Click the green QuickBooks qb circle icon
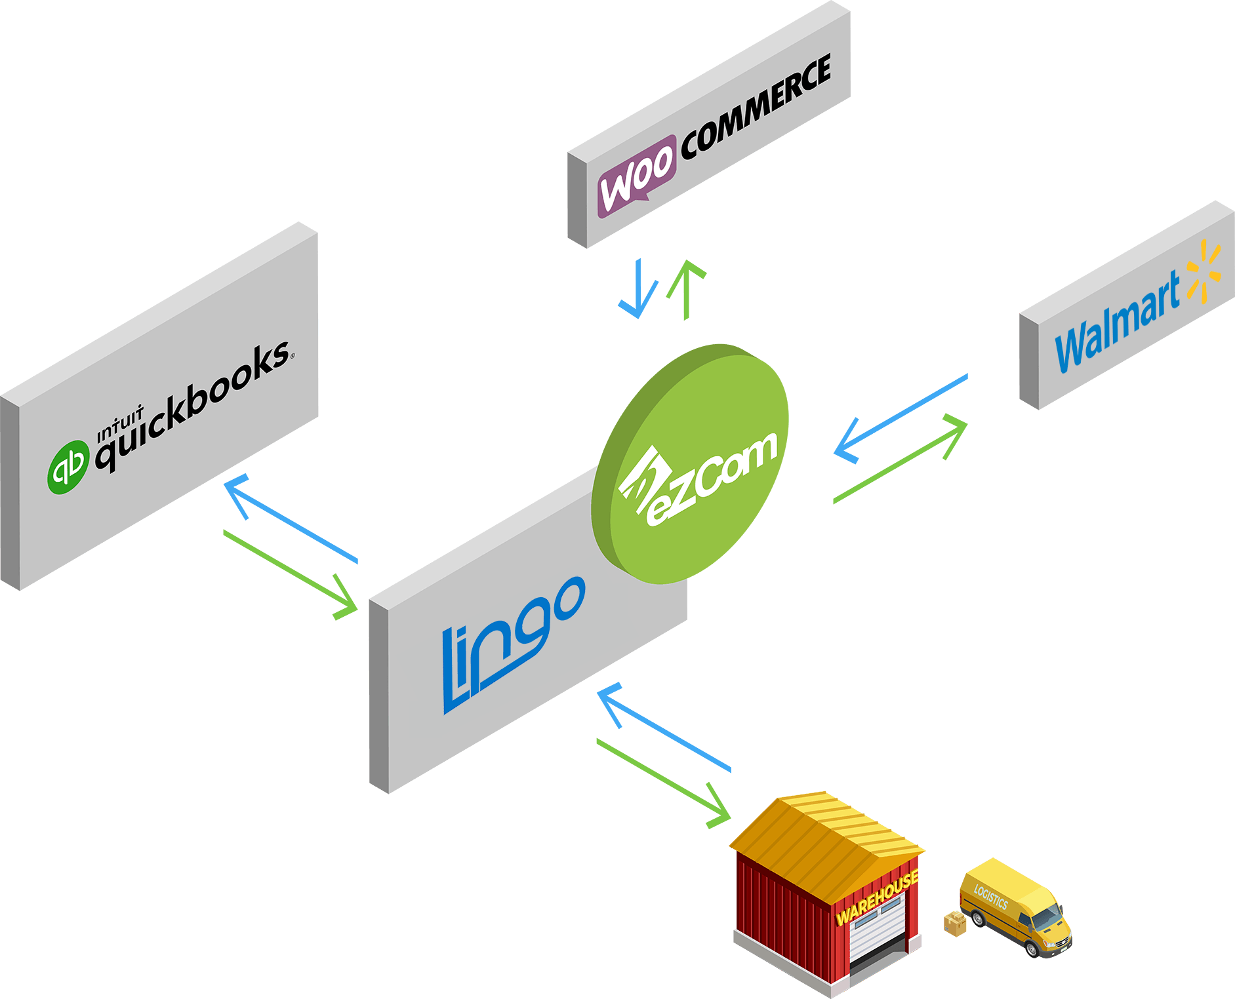[68, 467]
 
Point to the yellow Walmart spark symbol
[1204, 272]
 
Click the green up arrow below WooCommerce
[686, 288]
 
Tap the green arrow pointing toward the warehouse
[662, 781]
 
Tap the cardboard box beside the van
[955, 924]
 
